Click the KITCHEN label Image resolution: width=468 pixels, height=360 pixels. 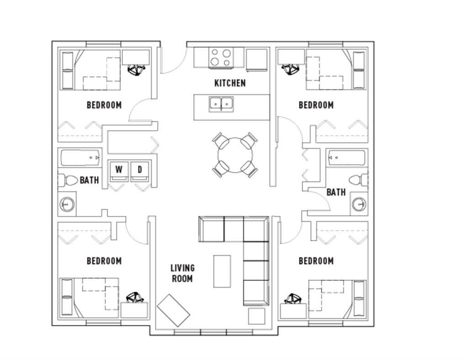[x=230, y=83]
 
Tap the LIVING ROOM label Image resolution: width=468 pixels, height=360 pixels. [x=182, y=273]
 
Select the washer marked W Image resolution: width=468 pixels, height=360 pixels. [x=119, y=171]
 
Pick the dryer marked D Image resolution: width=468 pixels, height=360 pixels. [x=140, y=171]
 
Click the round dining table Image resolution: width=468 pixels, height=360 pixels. [x=235, y=155]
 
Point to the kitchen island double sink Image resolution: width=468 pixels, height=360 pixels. [x=221, y=104]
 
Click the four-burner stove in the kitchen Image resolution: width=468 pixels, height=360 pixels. [x=221, y=58]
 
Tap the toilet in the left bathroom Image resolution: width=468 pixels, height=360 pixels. [x=68, y=180]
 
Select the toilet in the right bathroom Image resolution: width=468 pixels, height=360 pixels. [x=358, y=180]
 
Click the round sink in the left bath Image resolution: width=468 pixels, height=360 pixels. [x=67, y=205]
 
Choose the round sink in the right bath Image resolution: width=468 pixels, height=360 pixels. [x=359, y=205]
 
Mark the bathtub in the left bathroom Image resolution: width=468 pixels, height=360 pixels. [x=80, y=158]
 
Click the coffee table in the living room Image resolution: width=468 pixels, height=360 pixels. [x=222, y=271]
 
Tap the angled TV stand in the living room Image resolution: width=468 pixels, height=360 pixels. [x=173, y=310]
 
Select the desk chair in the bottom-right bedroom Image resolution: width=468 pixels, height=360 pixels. [x=293, y=299]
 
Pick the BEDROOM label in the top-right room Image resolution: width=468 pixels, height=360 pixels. [x=316, y=105]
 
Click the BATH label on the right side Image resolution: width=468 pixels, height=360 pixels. [x=336, y=192]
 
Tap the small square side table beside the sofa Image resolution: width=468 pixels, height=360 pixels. [x=257, y=316]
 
